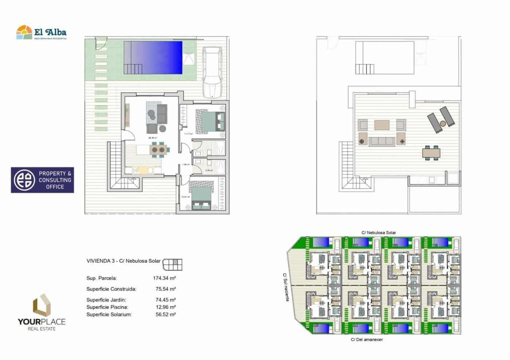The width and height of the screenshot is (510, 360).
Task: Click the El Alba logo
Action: [41, 32]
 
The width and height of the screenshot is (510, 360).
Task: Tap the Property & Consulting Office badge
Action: [42, 180]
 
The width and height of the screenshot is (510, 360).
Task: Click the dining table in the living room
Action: [160, 150]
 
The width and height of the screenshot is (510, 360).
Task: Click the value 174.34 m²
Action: [164, 278]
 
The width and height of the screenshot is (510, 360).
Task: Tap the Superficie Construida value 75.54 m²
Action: [165, 289]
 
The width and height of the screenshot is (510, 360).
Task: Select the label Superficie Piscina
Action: [107, 307]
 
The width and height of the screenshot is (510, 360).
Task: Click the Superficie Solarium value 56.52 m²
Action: [165, 314]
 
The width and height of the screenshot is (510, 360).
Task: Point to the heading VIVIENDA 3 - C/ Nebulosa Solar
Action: [123, 261]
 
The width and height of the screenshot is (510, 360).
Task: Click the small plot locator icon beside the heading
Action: [172, 264]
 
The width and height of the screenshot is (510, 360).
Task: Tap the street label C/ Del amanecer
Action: [366, 340]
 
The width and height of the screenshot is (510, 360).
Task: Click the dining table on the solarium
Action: [431, 152]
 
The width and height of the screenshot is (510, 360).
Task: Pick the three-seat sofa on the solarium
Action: [382, 141]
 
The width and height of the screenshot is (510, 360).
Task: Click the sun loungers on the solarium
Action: [441, 119]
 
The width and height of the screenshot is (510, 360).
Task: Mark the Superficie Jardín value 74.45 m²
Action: [165, 300]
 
